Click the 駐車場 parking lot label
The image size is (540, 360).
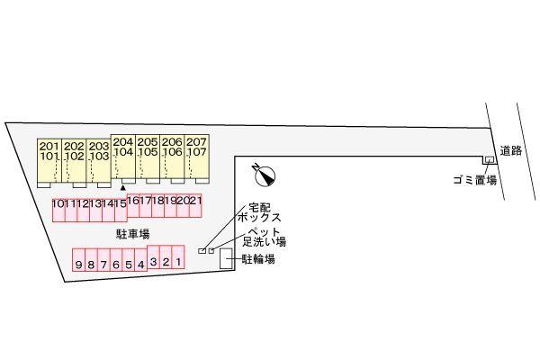[x=132, y=233]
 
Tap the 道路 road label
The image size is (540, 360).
[x=511, y=151]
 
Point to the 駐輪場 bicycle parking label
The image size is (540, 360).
[x=258, y=260]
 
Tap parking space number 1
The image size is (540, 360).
[x=178, y=262]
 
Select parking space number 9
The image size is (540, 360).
[x=79, y=265]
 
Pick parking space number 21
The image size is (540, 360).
[x=194, y=202]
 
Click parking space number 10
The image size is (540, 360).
[x=58, y=204]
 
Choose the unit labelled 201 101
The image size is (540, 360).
[x=49, y=152]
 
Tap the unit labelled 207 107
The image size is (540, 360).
[x=197, y=148]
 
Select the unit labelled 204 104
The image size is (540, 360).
[x=123, y=148]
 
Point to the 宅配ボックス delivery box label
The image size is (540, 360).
[x=260, y=213]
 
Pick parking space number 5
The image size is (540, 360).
[x=129, y=265]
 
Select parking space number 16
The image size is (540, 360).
[x=135, y=202]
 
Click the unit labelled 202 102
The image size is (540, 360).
[x=74, y=152]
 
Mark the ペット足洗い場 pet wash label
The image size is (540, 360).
[x=266, y=237]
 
